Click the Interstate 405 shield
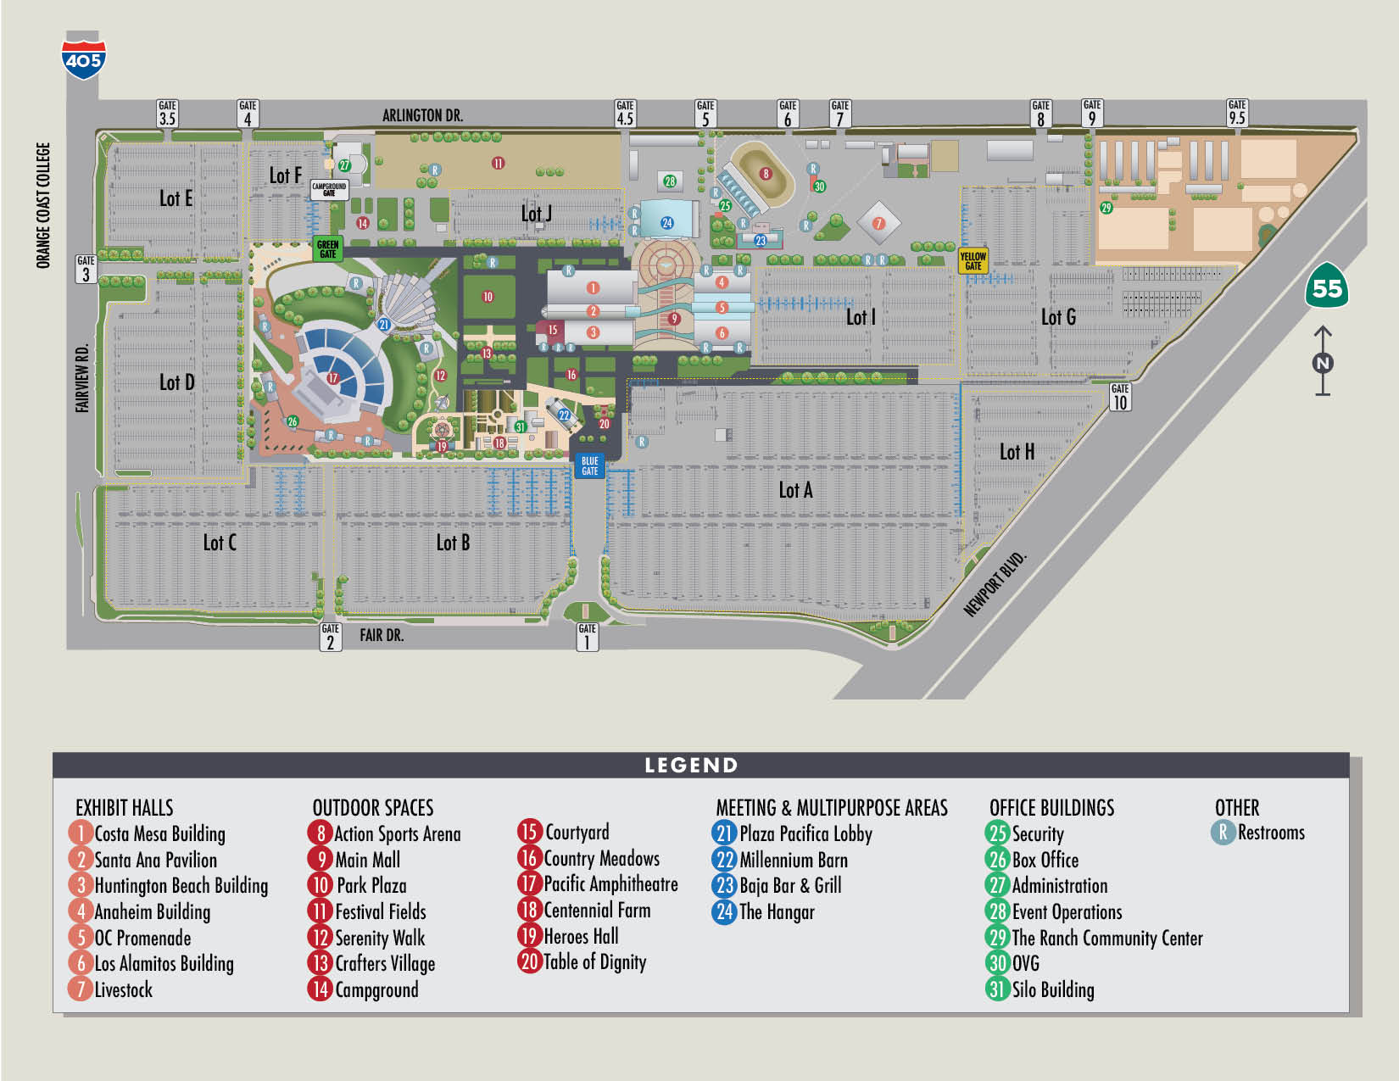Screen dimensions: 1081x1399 84,57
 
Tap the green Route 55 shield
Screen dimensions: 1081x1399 1326,287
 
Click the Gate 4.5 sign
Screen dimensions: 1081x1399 625,113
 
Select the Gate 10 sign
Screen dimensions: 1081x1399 1120,397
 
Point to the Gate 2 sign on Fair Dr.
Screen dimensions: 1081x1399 331,637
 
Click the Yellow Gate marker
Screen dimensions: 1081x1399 973,260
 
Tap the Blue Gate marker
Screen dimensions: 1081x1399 589,465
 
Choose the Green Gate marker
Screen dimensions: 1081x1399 327,248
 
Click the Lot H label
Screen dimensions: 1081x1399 1017,452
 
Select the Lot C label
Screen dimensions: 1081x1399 220,543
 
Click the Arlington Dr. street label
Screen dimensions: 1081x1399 422,115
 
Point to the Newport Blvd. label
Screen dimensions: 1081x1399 995,583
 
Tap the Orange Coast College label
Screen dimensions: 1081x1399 43,205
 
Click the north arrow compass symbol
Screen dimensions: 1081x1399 1323,362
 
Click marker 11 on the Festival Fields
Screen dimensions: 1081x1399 498,163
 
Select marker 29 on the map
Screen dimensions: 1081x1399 1106,208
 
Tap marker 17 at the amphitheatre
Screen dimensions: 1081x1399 332,378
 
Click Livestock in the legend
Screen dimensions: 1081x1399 123,989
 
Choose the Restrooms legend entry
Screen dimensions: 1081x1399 1270,833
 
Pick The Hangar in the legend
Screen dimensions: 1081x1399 776,912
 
